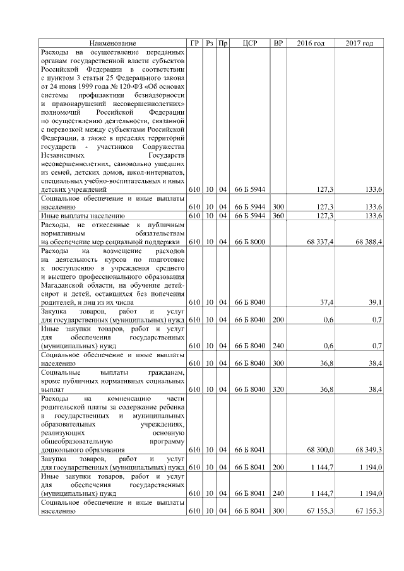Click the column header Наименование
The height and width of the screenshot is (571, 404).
tap(112, 44)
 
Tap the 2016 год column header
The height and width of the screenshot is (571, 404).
tap(310, 44)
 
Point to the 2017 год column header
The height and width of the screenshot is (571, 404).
tap(359, 44)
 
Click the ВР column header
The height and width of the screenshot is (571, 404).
tap(278, 44)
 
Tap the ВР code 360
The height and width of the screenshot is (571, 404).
tap(278, 216)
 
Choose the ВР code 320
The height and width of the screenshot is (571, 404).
tap(278, 389)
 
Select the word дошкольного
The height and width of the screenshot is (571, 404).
tap(61, 450)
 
